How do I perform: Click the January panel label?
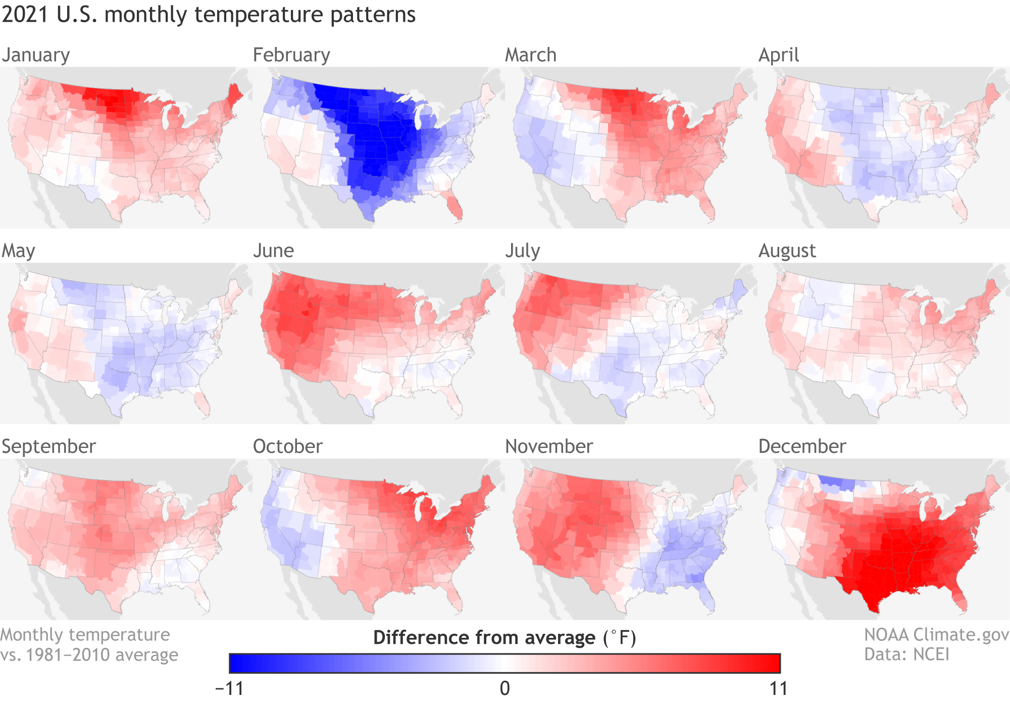coord(36,55)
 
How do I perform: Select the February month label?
coord(291,55)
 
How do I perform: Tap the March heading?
coord(531,55)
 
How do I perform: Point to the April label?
coord(779,55)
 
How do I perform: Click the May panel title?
coord(19,251)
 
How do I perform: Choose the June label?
coord(273,251)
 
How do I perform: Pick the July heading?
coord(523,251)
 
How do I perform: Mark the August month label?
coord(787,251)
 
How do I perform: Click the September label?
coord(48,446)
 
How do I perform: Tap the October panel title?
coord(287,446)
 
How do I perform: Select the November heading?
coord(549,446)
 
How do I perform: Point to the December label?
coord(802,446)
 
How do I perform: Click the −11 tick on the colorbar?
coord(230,688)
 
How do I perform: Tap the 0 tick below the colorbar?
coord(505,688)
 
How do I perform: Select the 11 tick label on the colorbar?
coord(778,688)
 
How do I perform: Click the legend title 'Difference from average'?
coord(484,638)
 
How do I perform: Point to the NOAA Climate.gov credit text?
coord(936,635)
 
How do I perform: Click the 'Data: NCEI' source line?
coord(906,655)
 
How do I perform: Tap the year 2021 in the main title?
coord(26,15)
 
